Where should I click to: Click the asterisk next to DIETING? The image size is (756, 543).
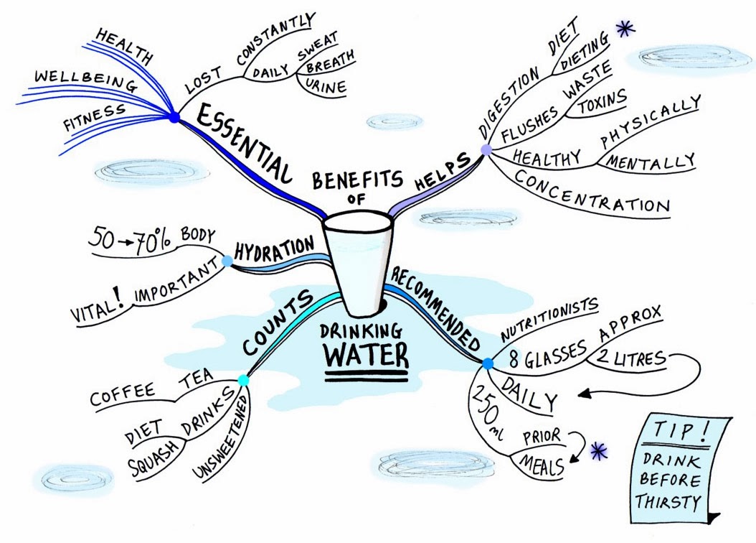tap(625, 31)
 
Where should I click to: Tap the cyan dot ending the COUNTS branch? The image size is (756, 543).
tap(243, 379)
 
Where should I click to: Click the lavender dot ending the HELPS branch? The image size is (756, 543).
tap(486, 149)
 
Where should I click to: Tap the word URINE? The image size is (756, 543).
tap(326, 88)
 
